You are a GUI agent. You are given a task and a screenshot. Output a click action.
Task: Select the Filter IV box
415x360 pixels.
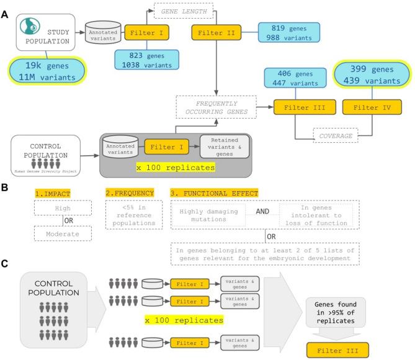coord(371,106)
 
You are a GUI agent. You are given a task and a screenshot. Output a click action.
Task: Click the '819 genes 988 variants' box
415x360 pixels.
coord(288,32)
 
